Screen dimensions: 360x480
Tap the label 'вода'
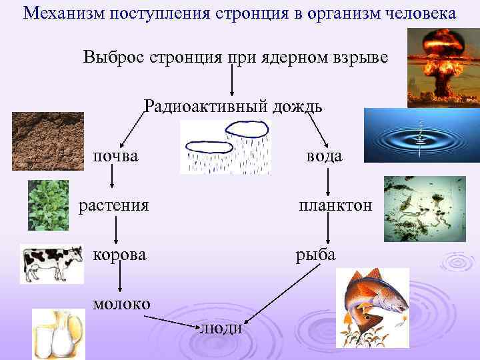324,156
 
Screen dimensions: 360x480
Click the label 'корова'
115,254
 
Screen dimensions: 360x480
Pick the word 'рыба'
316,254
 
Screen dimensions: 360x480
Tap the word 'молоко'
121,303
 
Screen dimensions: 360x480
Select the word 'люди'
221,329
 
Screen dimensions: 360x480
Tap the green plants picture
48,205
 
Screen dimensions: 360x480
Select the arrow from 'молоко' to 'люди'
173,321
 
